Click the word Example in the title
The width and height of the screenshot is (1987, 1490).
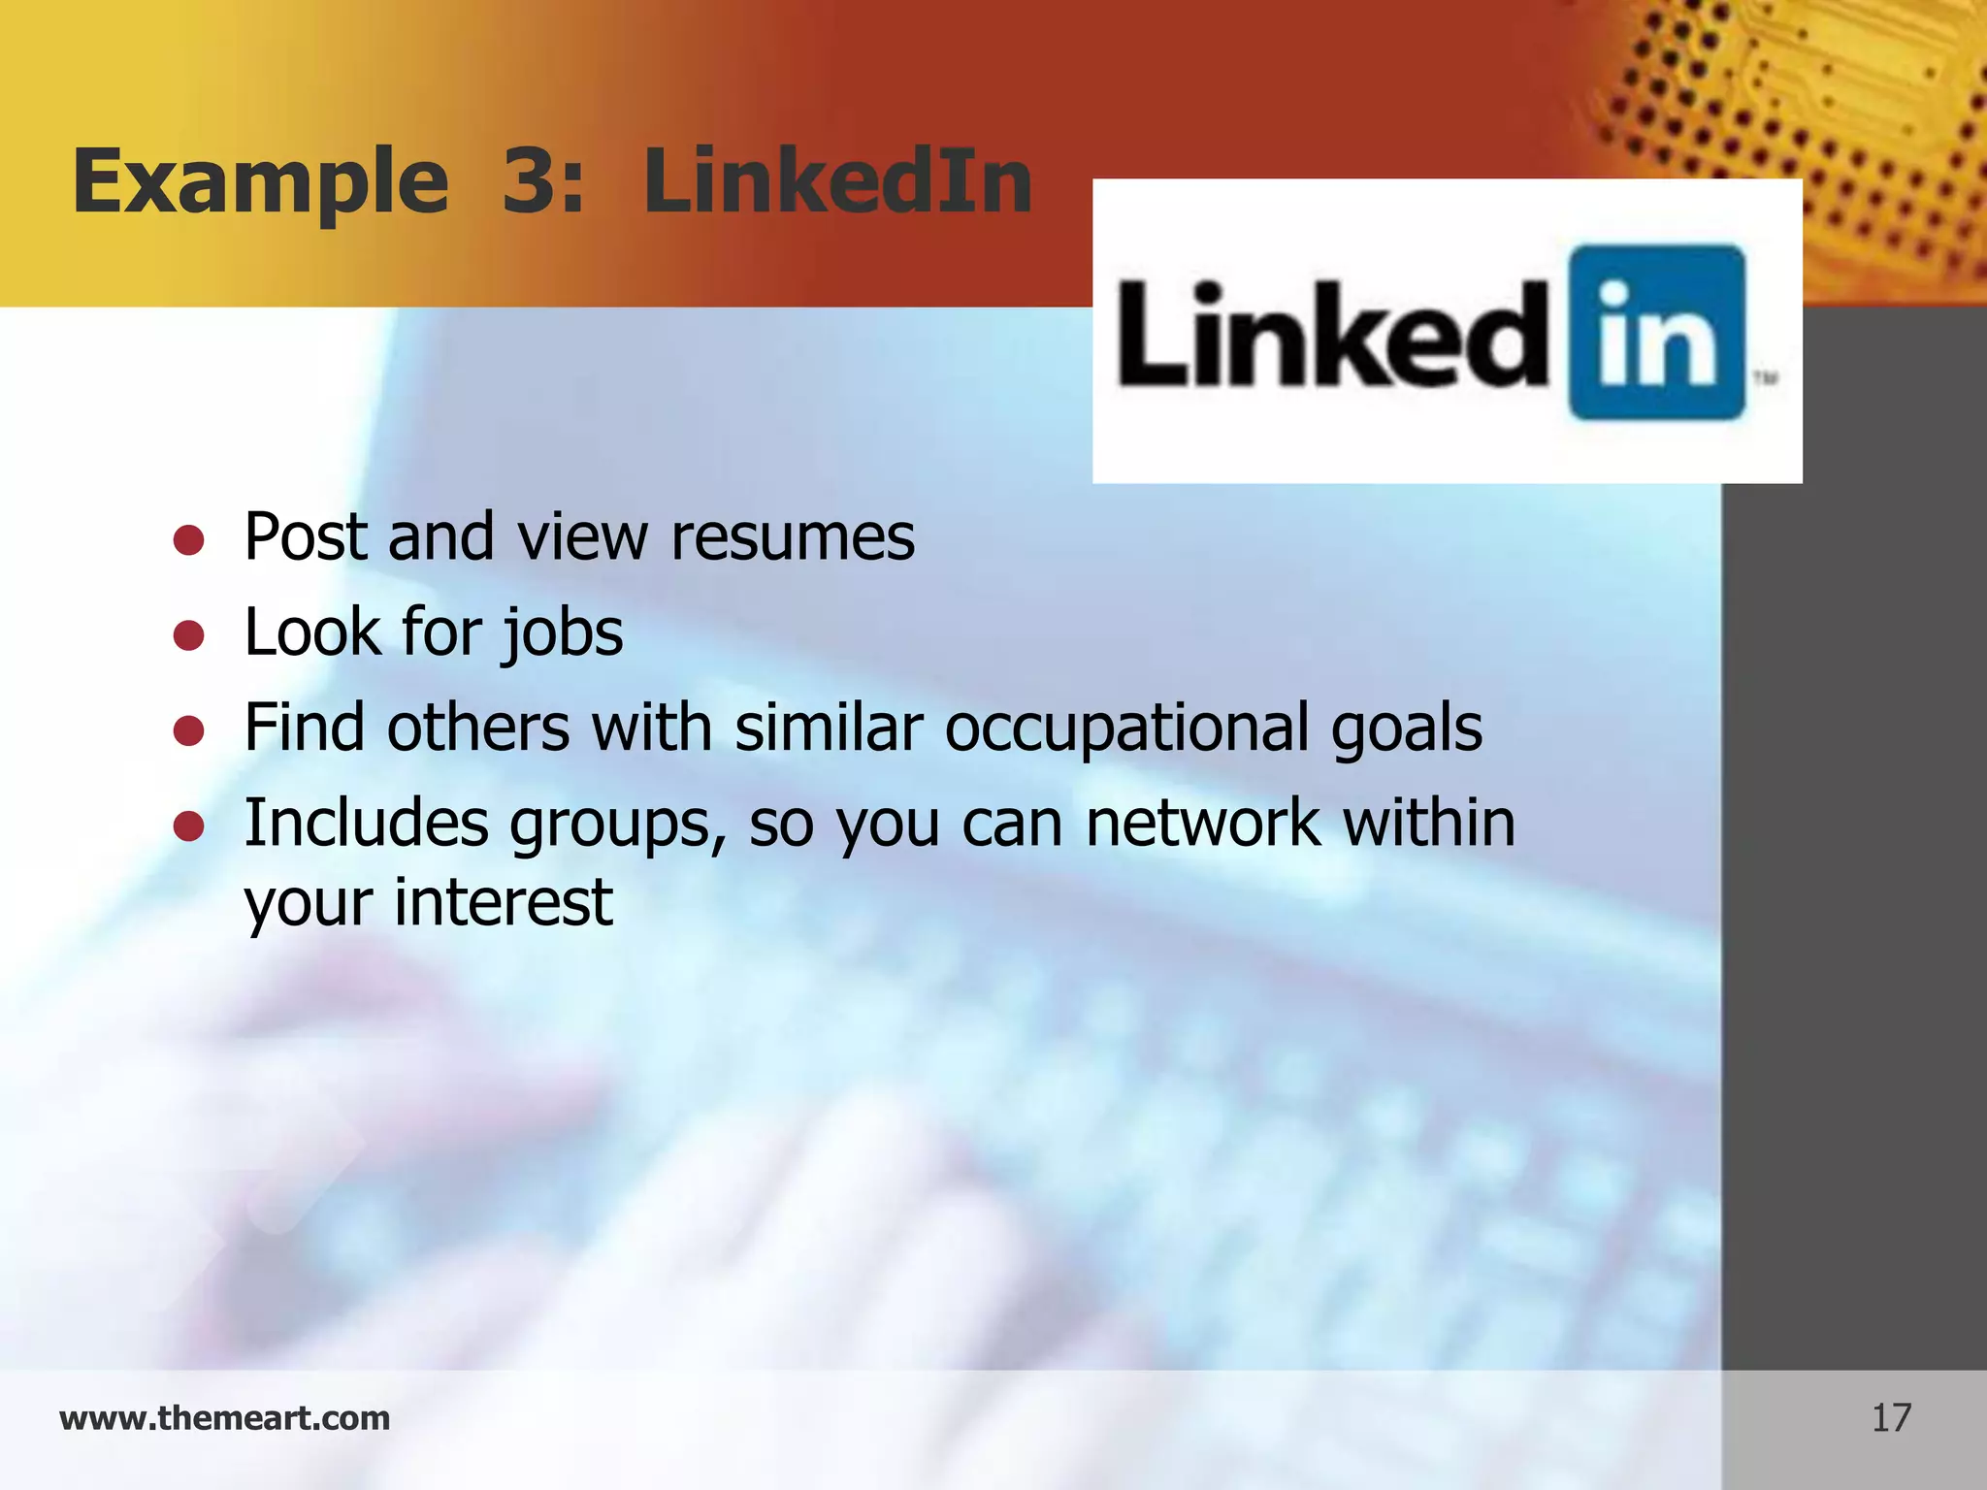tap(260, 182)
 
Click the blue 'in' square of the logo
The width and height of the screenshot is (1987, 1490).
tap(1657, 333)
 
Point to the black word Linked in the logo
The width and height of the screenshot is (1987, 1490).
tap(1333, 336)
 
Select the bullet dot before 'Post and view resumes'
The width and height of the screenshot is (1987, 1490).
tap(188, 539)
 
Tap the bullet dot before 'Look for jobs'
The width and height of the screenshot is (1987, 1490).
tap(188, 635)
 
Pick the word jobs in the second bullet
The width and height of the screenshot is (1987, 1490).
tap(562, 633)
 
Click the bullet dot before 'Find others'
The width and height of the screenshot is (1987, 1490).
tap(188, 730)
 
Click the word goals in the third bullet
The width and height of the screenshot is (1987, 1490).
tap(1406, 729)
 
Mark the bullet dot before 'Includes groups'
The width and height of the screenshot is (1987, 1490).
tap(188, 826)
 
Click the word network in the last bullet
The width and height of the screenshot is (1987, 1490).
tap(1203, 824)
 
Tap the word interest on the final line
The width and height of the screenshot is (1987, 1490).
tap(504, 902)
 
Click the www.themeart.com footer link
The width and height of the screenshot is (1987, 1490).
tap(225, 1418)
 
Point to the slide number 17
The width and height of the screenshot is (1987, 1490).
tap(1891, 1418)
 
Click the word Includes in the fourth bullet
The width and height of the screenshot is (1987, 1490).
tap(367, 823)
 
